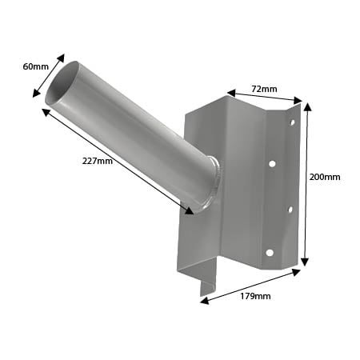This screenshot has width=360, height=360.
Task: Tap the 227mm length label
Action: pos(98,162)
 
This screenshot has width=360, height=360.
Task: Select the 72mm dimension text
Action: pos(265,88)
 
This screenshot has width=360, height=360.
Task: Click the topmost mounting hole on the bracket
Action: pos(291,122)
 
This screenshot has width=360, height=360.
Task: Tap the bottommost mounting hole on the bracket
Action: pos(270,253)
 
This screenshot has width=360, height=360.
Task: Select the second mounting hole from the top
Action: pos(272,164)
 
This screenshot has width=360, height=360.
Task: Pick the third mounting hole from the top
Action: pos(289,210)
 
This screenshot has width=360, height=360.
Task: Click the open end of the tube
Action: pos(62,82)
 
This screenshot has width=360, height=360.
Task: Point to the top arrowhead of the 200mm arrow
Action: pos(306,105)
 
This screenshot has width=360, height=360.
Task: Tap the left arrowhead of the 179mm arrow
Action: pos(203,302)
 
